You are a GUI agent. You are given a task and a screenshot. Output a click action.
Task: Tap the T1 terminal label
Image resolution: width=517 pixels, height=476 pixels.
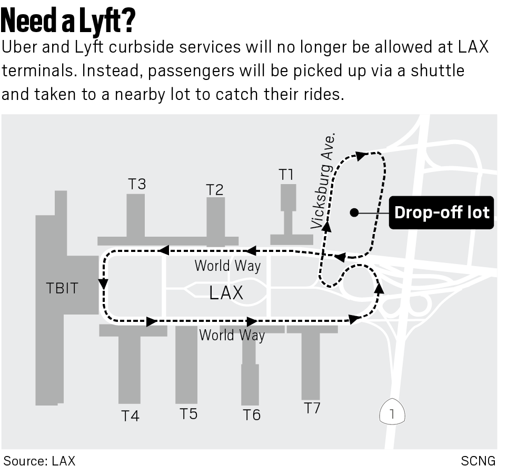pyautogui.click(x=286, y=175)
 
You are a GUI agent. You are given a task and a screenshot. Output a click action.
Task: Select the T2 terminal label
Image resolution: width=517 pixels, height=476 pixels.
pyautogui.click(x=215, y=189)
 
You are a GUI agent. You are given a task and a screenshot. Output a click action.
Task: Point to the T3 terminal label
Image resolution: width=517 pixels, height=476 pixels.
pyautogui.click(x=137, y=184)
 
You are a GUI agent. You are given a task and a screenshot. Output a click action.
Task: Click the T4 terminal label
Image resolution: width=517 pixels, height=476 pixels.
pyautogui.click(x=130, y=416)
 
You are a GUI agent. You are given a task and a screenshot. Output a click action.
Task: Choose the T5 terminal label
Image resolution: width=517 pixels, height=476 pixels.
pyautogui.click(x=188, y=413)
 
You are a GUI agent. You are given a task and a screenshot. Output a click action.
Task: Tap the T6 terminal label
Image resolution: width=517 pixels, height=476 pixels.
pyautogui.click(x=252, y=415)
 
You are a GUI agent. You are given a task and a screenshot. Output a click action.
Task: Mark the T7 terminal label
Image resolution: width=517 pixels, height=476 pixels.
pyautogui.click(x=312, y=408)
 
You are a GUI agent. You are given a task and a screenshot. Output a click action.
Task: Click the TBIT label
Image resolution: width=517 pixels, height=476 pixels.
pyautogui.click(x=62, y=288)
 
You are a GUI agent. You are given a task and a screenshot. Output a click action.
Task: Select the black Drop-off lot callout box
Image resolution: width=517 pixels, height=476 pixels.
pyautogui.click(x=441, y=212)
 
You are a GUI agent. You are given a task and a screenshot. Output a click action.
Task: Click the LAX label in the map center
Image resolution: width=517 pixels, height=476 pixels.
pyautogui.click(x=226, y=293)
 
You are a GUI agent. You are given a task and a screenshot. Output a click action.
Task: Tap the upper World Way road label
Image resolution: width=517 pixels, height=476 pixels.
pyautogui.click(x=227, y=266)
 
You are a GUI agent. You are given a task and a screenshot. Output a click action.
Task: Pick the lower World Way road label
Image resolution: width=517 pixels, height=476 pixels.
pyautogui.click(x=232, y=335)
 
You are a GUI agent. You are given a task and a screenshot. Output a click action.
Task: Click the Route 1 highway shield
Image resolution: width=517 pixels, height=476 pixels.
pyautogui.click(x=392, y=414)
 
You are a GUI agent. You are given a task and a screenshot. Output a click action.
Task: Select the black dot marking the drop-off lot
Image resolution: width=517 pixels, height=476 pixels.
pyautogui.click(x=354, y=212)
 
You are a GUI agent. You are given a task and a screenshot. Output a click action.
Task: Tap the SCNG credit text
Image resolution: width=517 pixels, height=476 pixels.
pyautogui.click(x=478, y=461)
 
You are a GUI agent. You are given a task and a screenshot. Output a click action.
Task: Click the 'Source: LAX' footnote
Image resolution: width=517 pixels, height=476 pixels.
pyautogui.click(x=39, y=461)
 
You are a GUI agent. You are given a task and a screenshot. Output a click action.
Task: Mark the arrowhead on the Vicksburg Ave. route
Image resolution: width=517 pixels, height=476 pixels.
pyautogui.click(x=326, y=226)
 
